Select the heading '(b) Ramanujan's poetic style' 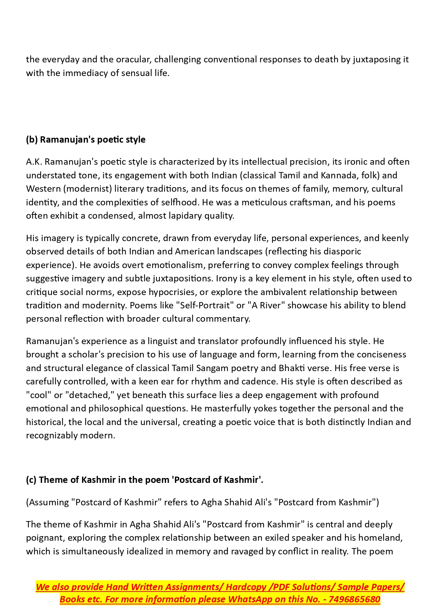click(x=86, y=139)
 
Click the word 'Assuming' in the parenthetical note click(x=49, y=502)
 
